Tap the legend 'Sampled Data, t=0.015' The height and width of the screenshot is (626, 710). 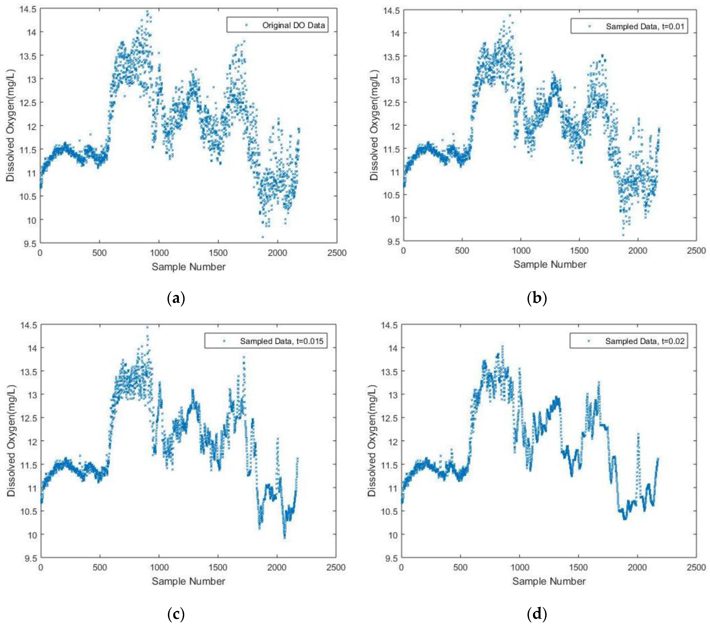[x=281, y=341]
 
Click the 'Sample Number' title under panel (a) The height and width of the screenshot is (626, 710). [x=189, y=267]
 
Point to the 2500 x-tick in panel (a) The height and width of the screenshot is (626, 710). [x=337, y=253]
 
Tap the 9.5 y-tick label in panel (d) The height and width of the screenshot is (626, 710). [x=390, y=558]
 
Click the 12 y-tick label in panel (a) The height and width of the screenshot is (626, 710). [x=30, y=126]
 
